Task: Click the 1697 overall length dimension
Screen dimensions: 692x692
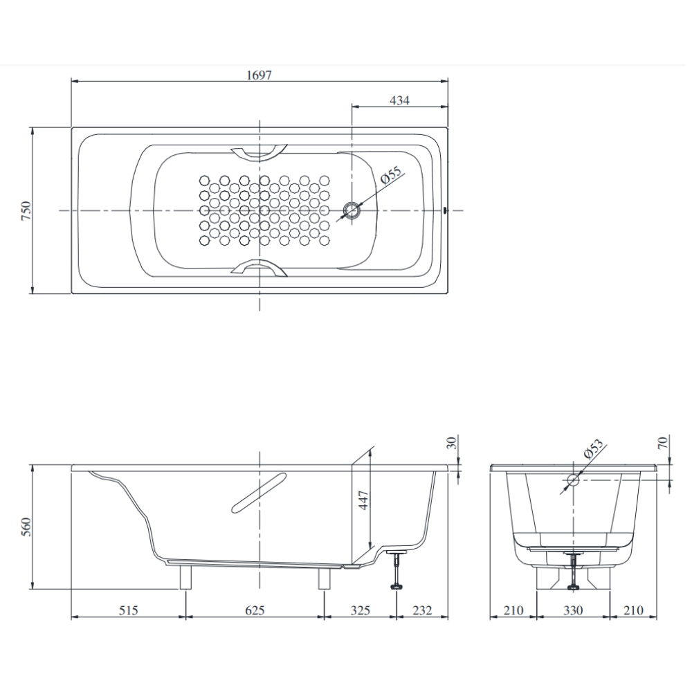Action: tap(259, 75)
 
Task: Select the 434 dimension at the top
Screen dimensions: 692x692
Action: tap(399, 100)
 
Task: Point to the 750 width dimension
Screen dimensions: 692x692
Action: tap(26, 210)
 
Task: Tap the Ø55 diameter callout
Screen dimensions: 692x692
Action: tap(392, 176)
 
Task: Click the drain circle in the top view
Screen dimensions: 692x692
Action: tap(353, 210)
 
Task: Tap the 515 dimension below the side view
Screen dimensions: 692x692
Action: tap(129, 610)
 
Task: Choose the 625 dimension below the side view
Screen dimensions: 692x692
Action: tap(255, 610)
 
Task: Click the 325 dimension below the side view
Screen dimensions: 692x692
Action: tap(361, 610)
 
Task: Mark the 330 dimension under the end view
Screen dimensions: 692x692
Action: tap(573, 610)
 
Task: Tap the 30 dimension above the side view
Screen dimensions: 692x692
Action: tap(452, 443)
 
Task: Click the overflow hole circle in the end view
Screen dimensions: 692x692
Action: tap(573, 479)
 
